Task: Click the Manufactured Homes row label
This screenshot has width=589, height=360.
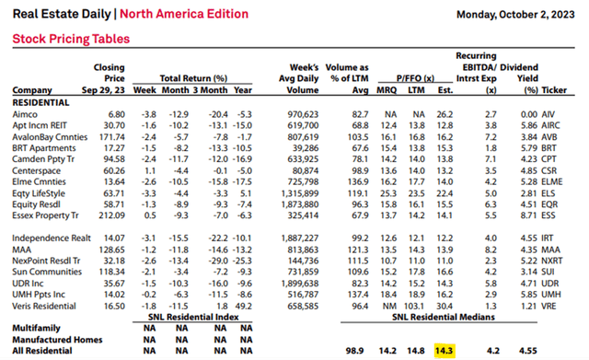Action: point(56,338)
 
